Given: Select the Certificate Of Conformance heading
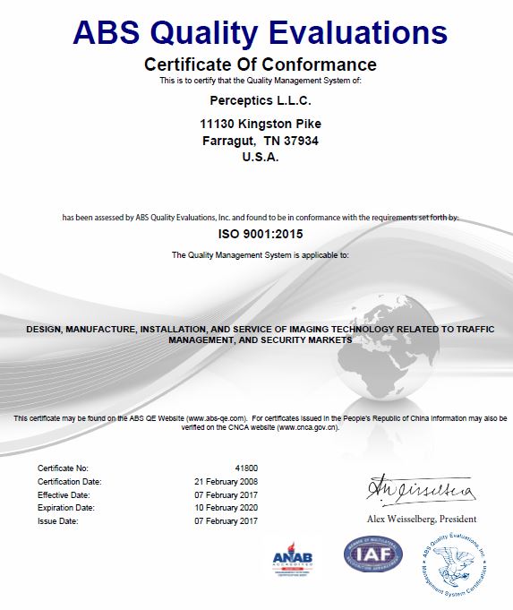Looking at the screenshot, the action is [260, 64].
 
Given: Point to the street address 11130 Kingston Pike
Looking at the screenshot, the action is [261, 124].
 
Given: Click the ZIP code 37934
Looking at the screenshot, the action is [302, 141].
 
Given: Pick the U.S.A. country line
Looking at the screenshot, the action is [261, 157].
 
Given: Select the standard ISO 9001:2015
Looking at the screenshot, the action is [261, 236].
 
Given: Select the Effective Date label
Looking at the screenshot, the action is [62, 494].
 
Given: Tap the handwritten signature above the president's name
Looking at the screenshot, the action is [419, 491].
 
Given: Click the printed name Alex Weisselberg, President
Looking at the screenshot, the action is [422, 519].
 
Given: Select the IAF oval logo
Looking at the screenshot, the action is [373, 554].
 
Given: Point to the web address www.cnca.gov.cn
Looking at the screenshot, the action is [307, 427].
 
